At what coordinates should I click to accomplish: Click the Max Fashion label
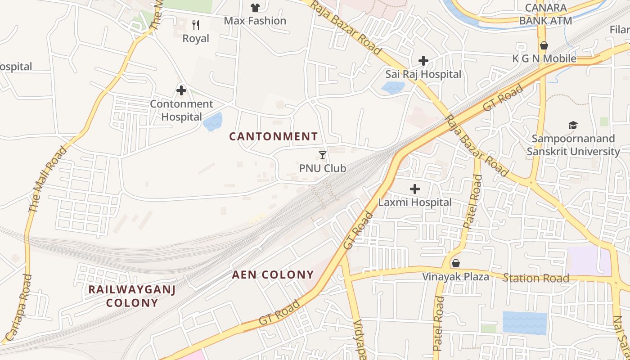255,21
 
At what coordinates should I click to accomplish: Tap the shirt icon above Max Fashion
255,7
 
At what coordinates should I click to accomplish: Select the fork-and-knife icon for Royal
196,25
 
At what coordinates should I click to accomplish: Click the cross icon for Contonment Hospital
181,90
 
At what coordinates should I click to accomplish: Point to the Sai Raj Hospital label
423,74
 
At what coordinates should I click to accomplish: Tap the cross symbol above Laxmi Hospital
414,189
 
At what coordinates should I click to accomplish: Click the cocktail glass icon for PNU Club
323,155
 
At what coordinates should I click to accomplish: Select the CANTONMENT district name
274,136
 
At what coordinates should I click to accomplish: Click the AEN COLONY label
273,274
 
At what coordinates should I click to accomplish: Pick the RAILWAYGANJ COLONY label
132,296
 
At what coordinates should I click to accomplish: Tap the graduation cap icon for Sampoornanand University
573,125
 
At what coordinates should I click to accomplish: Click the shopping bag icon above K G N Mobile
544,45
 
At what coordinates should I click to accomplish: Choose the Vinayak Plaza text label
455,277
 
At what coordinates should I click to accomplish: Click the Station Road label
535,278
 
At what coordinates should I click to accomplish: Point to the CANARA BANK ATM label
545,14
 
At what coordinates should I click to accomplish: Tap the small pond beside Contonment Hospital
213,122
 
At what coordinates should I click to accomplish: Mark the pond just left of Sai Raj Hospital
392,87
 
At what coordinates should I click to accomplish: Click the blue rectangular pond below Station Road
524,323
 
